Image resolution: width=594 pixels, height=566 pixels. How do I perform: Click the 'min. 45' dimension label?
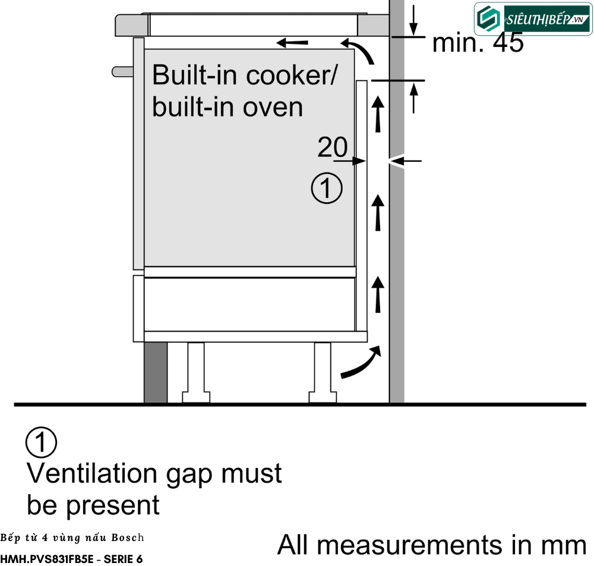point(478,43)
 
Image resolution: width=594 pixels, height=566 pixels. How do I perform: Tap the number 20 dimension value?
point(332,147)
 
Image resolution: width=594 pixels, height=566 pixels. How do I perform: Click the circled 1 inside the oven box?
point(327,188)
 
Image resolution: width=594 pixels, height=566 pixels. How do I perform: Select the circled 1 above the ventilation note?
point(41,442)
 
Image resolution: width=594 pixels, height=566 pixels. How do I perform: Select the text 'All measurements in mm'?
point(432,545)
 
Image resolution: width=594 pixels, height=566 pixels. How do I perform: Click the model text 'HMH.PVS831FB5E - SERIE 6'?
point(71,559)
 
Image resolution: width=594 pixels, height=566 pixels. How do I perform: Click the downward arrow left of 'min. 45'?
point(413,21)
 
